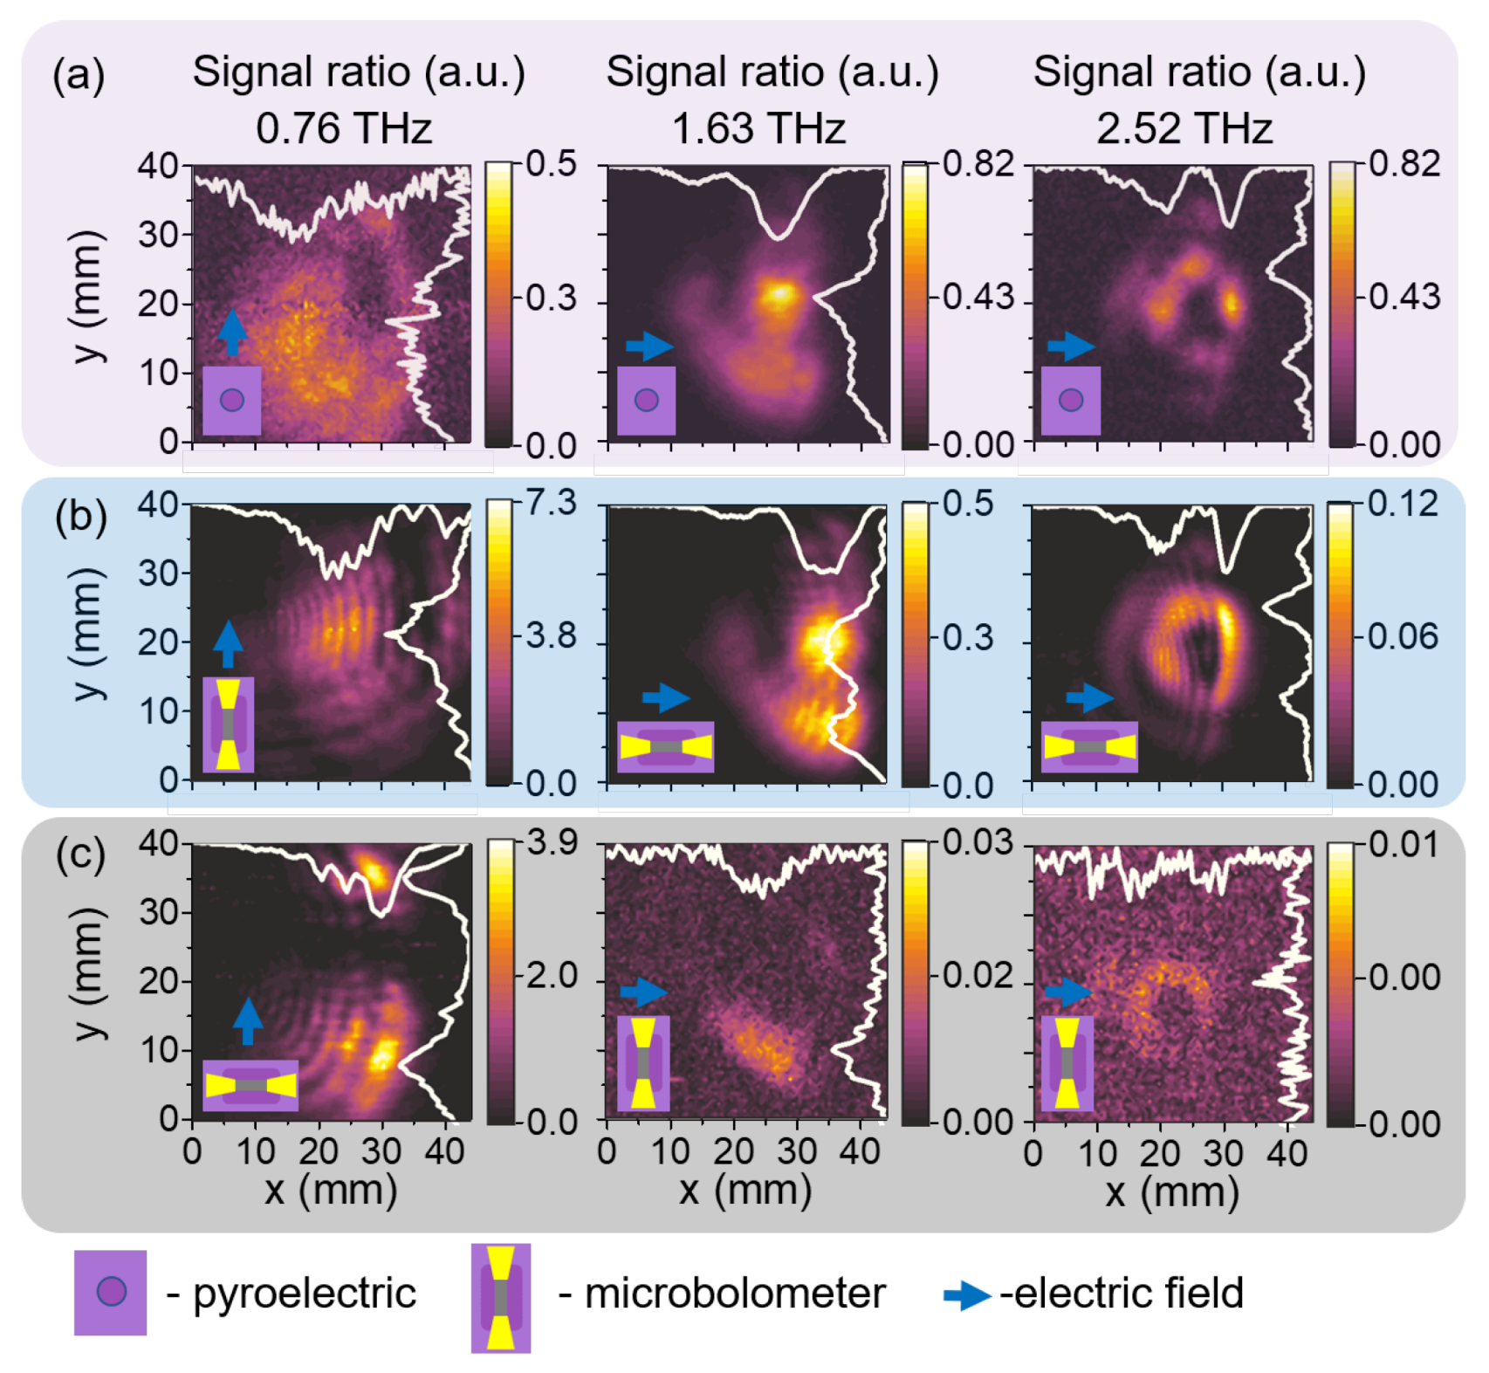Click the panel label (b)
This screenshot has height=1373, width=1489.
pyautogui.click(x=80, y=517)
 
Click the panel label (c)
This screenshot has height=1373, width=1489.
pyautogui.click(x=80, y=854)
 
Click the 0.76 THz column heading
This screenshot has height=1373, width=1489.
pyautogui.click(x=344, y=129)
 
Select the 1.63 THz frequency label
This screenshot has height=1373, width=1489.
pyautogui.click(x=758, y=129)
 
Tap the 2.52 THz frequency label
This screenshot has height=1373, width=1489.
pyautogui.click(x=1184, y=129)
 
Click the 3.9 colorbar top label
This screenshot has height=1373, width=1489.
pyautogui.click(x=552, y=842)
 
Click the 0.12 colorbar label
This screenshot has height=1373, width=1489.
pyautogui.click(x=1403, y=504)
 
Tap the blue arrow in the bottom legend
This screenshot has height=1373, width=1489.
pyautogui.click(x=966, y=1295)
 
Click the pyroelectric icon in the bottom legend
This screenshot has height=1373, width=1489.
pyautogui.click(x=110, y=1293)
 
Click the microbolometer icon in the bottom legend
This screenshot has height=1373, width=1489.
pyautogui.click(x=501, y=1298)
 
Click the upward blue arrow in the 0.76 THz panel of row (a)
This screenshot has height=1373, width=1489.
pyautogui.click(x=231, y=331)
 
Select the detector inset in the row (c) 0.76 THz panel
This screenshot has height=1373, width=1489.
pyautogui.click(x=250, y=1085)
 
